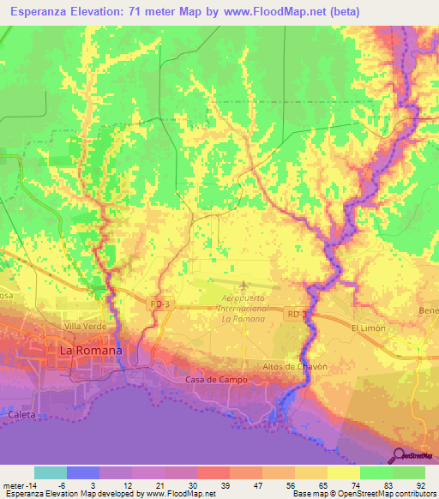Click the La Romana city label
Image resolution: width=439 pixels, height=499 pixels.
pyautogui.click(x=90, y=351)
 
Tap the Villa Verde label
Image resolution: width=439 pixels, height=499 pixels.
pyautogui.click(x=83, y=327)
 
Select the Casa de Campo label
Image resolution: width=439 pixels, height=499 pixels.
pyautogui.click(x=216, y=379)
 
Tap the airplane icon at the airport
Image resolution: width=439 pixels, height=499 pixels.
pyautogui.click(x=244, y=285)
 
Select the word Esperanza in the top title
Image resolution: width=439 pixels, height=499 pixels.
pyautogui.click(x=36, y=11)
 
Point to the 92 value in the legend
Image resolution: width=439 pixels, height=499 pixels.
pyautogui.click(x=410, y=484)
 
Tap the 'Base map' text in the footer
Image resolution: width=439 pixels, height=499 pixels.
pyautogui.click(x=310, y=494)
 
